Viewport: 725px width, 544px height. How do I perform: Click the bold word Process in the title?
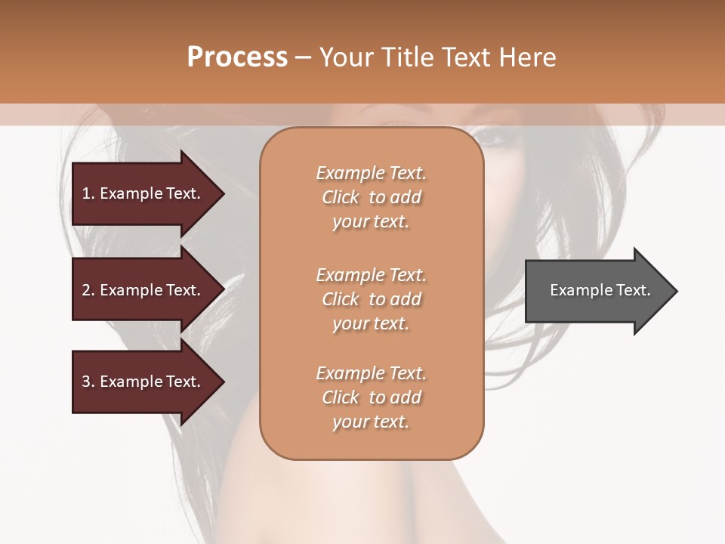tap(237, 57)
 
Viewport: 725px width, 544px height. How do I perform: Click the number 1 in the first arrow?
tap(86, 193)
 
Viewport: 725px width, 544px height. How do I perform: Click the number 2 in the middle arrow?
tap(86, 290)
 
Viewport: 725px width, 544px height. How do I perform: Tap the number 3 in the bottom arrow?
tap(86, 382)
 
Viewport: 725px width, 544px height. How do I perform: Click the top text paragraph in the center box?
tap(371, 197)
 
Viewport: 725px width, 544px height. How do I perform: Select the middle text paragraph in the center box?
tap(371, 298)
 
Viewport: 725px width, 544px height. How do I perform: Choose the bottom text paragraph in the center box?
tap(371, 397)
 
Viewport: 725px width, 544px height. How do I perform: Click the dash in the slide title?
tap(304, 58)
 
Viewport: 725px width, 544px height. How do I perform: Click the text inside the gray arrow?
tap(600, 290)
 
